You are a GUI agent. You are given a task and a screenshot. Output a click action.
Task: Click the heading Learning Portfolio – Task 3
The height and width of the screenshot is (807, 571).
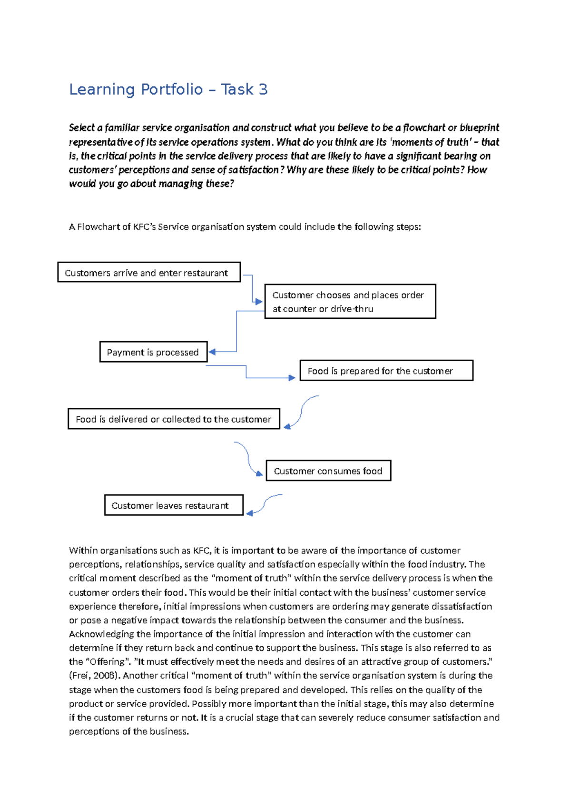(x=168, y=89)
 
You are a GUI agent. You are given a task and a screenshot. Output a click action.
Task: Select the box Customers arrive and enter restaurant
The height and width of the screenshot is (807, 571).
(x=148, y=272)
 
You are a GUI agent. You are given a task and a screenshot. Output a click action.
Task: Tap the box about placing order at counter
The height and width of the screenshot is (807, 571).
(x=350, y=302)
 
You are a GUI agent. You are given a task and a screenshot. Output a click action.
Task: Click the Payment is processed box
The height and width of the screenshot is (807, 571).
(x=153, y=352)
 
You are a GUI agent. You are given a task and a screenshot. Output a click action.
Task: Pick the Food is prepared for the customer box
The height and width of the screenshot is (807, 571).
(x=386, y=371)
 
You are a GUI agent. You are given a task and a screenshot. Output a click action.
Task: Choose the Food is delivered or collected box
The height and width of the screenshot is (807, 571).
(x=174, y=419)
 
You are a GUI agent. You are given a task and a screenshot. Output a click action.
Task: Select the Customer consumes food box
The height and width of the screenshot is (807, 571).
(x=328, y=471)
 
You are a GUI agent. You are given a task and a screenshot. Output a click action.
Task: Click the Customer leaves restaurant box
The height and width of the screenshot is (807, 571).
(x=174, y=505)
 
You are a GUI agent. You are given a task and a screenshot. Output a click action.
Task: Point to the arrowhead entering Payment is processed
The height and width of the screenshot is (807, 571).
(x=212, y=352)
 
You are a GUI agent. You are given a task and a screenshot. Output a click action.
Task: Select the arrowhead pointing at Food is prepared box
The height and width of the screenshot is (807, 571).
(x=292, y=378)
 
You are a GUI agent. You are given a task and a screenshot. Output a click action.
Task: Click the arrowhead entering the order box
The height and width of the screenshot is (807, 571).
(x=259, y=302)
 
